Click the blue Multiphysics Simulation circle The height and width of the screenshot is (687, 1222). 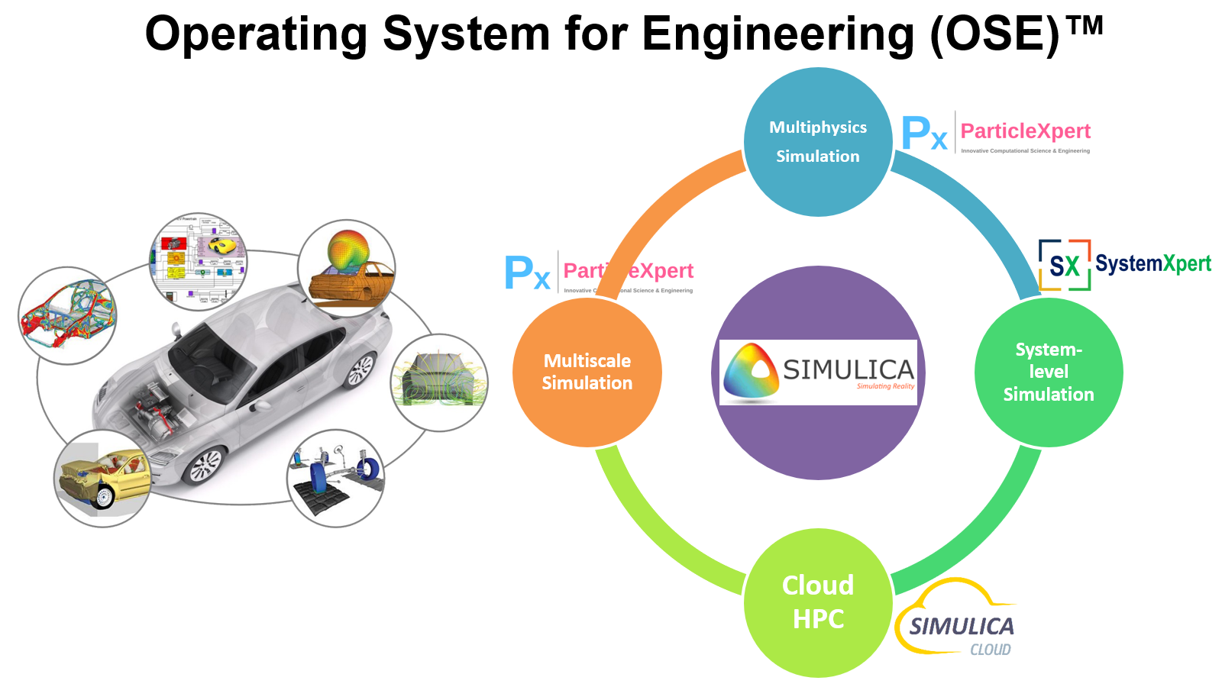[818, 142]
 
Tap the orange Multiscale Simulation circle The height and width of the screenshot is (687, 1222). [587, 372]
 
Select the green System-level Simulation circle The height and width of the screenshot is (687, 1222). [1049, 372]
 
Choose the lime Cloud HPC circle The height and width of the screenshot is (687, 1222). [818, 602]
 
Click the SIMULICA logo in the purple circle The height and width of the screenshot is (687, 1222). [818, 372]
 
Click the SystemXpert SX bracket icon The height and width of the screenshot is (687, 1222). [1064, 265]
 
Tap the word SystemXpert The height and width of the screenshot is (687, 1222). [1152, 264]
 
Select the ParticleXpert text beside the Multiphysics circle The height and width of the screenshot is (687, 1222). [1025, 131]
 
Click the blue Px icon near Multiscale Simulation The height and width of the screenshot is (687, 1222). [527, 273]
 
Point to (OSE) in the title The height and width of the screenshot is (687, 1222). [994, 34]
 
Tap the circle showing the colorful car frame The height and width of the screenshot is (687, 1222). [67, 315]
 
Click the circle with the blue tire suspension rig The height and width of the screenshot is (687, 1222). [335, 478]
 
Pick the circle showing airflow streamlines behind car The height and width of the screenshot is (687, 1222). [439, 382]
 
